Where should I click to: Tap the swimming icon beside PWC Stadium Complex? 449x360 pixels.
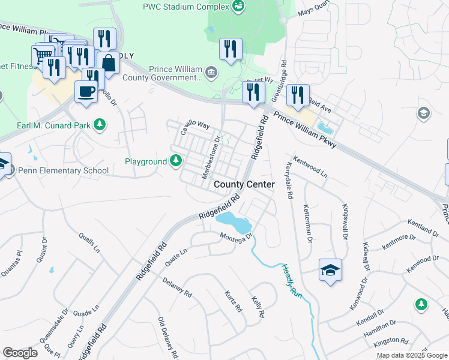239,7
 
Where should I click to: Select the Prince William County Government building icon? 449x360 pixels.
211,73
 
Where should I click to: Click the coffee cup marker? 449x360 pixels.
85,92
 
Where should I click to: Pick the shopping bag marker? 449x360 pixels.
108,62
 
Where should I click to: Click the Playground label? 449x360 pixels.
145,161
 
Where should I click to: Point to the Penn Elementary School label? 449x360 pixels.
64,170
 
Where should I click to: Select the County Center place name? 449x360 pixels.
244,184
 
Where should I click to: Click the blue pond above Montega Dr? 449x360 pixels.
234,223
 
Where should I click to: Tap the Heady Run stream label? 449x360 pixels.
291,280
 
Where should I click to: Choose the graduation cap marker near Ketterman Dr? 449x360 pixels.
330,271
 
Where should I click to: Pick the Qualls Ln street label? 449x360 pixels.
88,244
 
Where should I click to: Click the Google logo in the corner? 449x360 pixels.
20,353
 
